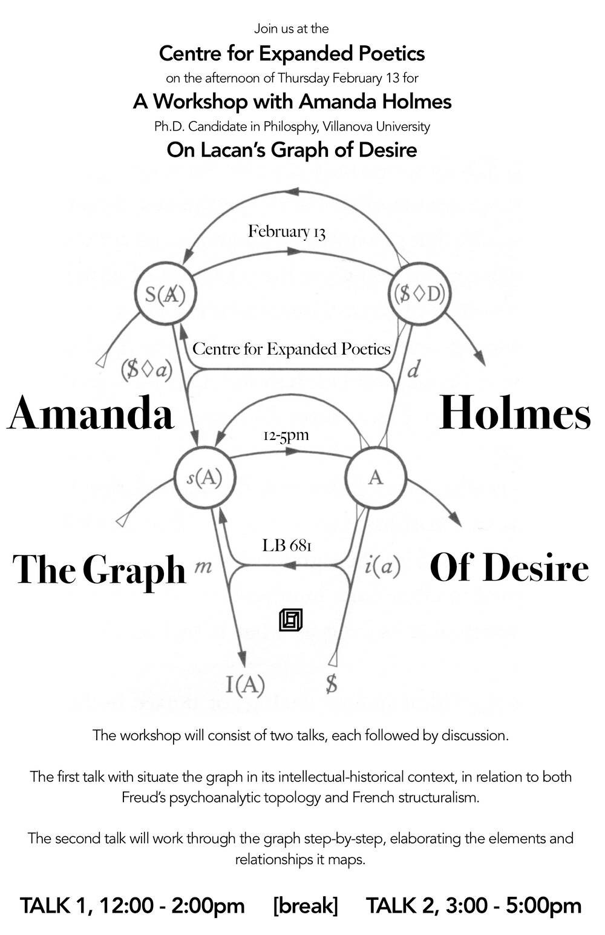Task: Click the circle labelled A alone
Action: pyautogui.click(x=376, y=477)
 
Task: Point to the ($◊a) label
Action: pyautogui.click(x=146, y=370)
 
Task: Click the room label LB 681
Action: pyautogui.click(x=287, y=546)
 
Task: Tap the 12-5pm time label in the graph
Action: pyautogui.click(x=286, y=436)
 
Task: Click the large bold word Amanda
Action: pyautogui.click(x=91, y=414)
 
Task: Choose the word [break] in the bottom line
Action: pyautogui.click(x=305, y=906)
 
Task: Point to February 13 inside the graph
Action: pyautogui.click(x=287, y=232)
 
